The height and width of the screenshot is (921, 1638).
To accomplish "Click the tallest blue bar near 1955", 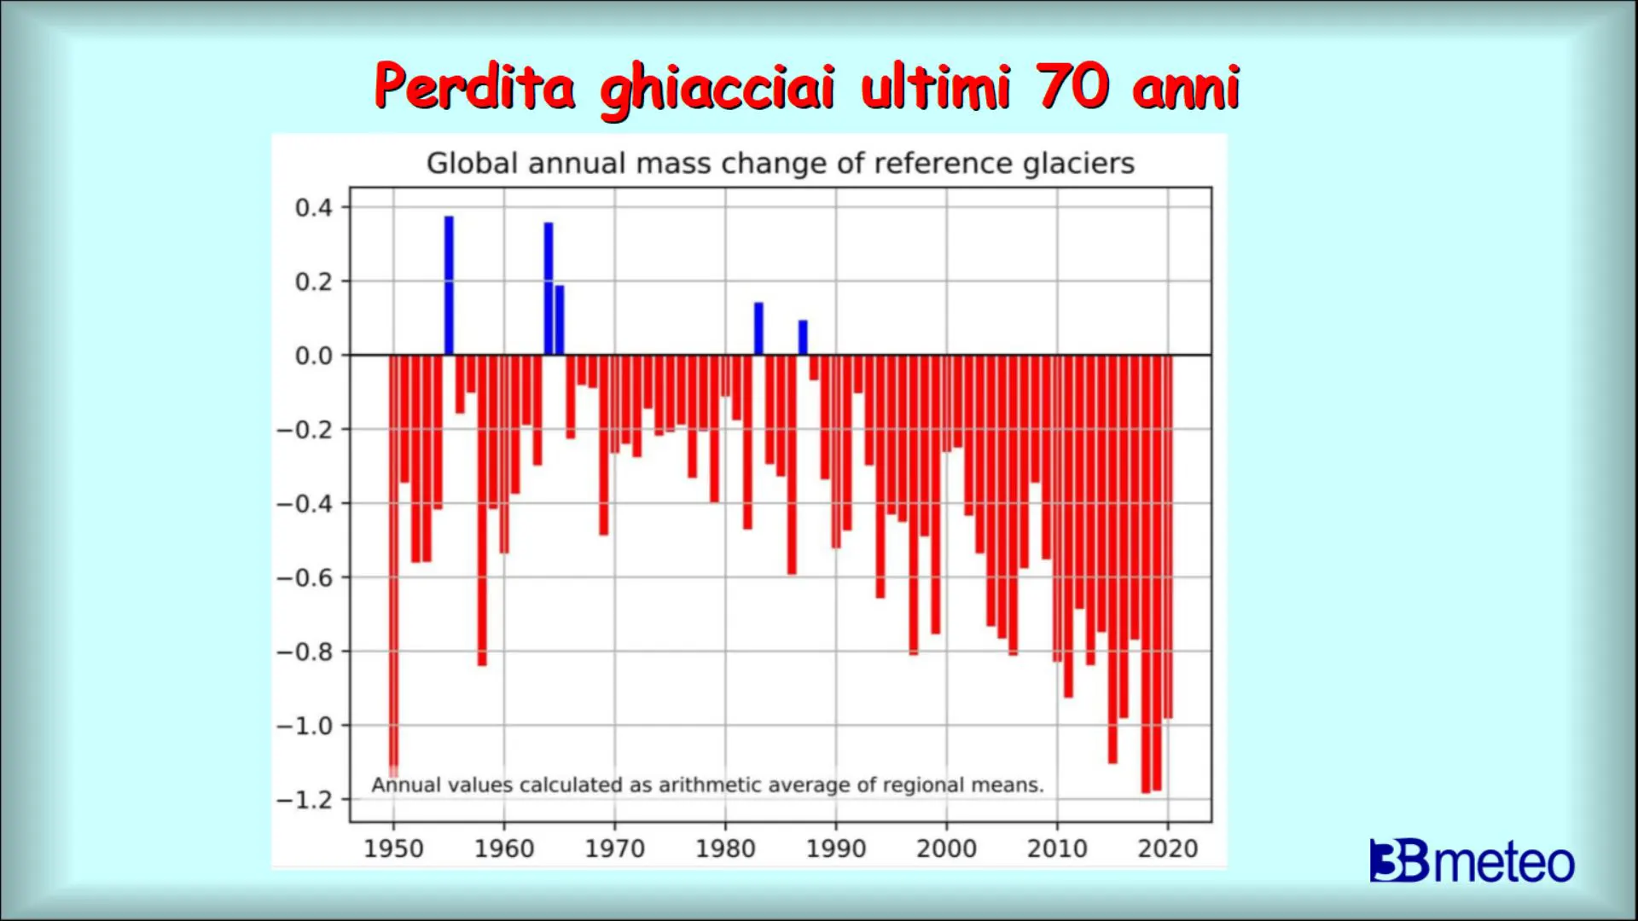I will click(x=449, y=286).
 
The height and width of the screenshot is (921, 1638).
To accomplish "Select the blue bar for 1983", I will click(x=758, y=328).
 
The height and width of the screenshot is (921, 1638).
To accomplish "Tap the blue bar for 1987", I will click(x=803, y=338).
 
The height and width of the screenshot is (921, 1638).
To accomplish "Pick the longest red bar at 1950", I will click(x=393, y=563).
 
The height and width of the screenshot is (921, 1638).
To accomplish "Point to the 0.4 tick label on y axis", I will click(x=313, y=207).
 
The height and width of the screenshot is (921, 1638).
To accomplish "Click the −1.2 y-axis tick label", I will click(x=305, y=800).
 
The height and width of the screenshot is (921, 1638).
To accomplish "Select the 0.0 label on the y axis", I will click(x=313, y=356).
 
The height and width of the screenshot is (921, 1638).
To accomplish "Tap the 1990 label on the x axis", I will click(x=836, y=849).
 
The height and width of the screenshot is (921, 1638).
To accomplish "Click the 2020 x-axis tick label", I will click(x=1168, y=849).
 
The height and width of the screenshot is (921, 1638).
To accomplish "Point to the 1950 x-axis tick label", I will click(x=393, y=849).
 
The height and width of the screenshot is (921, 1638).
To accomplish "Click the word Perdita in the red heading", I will click(x=474, y=87).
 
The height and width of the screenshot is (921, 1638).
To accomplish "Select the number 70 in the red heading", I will click(x=1073, y=87).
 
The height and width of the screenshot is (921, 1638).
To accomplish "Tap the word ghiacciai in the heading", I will click(x=717, y=89).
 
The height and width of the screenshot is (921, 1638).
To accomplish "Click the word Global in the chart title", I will click(x=473, y=163).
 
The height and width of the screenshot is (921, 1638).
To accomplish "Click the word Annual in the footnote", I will click(x=405, y=785).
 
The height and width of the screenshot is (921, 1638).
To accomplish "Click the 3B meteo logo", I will click(x=1472, y=861).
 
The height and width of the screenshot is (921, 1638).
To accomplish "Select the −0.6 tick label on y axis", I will click(x=305, y=578).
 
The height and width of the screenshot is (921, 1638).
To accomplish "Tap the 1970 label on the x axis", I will click(x=614, y=849).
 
